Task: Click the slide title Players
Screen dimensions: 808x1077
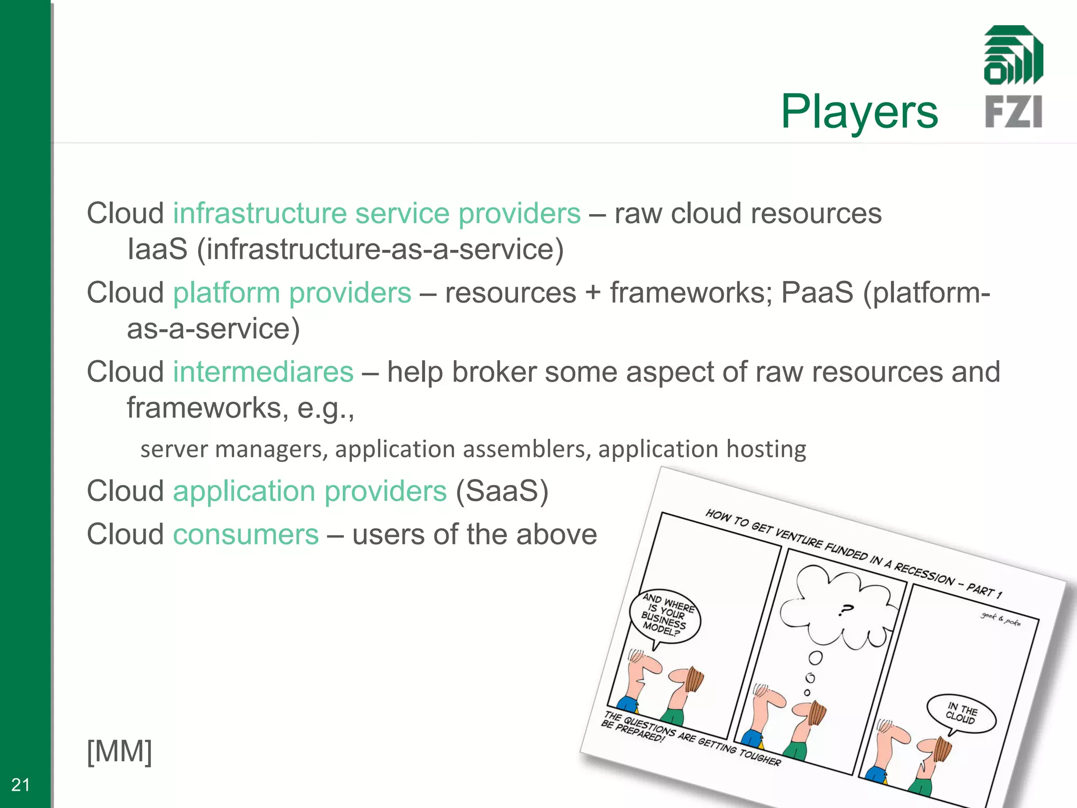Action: pos(859,112)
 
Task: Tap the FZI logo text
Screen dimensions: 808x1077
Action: pos(1013,112)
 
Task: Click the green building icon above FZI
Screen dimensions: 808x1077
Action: pos(1013,55)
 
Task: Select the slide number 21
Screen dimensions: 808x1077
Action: pos(21,785)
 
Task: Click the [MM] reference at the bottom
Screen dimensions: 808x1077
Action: pos(119,751)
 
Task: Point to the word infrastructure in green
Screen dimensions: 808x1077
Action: pos(260,214)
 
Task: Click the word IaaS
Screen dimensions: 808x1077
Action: pos(157,249)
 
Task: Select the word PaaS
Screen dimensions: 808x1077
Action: pos(817,293)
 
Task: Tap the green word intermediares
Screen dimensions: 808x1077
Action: pos(263,372)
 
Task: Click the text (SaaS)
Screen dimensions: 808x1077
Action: pos(502,491)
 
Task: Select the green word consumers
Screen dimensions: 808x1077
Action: pos(246,535)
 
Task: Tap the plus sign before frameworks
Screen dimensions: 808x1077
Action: pos(593,293)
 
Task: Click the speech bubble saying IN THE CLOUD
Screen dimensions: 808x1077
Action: pos(962,713)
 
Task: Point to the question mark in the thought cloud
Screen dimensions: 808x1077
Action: pos(846,610)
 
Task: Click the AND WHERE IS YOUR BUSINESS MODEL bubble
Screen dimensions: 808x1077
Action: pos(666,616)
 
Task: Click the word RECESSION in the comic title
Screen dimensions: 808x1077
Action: pos(924,574)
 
